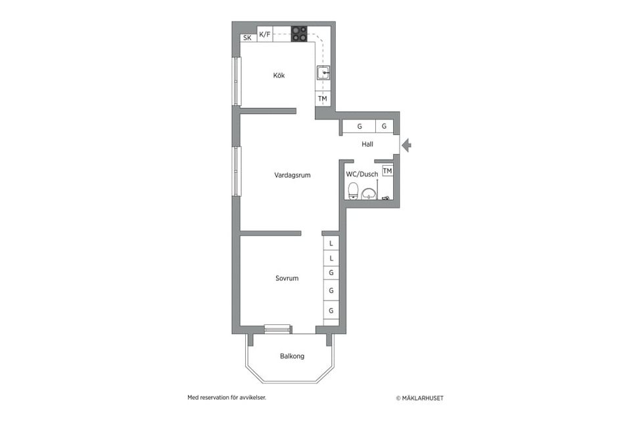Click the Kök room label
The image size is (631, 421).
pos(279,76)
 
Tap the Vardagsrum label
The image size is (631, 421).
pos(292,175)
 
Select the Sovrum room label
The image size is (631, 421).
pos(287,278)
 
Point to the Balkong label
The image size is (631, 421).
pos(292,356)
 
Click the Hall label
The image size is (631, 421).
pos(367,143)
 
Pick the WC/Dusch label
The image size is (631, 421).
pos(362,174)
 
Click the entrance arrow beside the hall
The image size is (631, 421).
pos(407,145)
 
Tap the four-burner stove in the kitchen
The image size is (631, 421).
pos(299,34)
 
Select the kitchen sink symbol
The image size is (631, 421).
pos(323,72)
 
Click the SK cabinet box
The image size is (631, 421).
pos(248,38)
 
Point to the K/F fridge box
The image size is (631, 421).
pos(265,34)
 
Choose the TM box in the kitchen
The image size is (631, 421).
pos(323,99)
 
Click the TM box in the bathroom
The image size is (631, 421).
pos(387,171)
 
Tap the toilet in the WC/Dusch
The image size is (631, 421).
pos(353,191)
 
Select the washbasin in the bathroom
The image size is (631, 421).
pos(369,193)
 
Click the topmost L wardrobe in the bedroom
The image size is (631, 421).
pos(331,243)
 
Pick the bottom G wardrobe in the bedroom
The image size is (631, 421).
pos(331,310)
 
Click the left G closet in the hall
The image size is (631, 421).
pos(359,126)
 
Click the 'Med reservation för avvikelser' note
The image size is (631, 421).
pos(227,397)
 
